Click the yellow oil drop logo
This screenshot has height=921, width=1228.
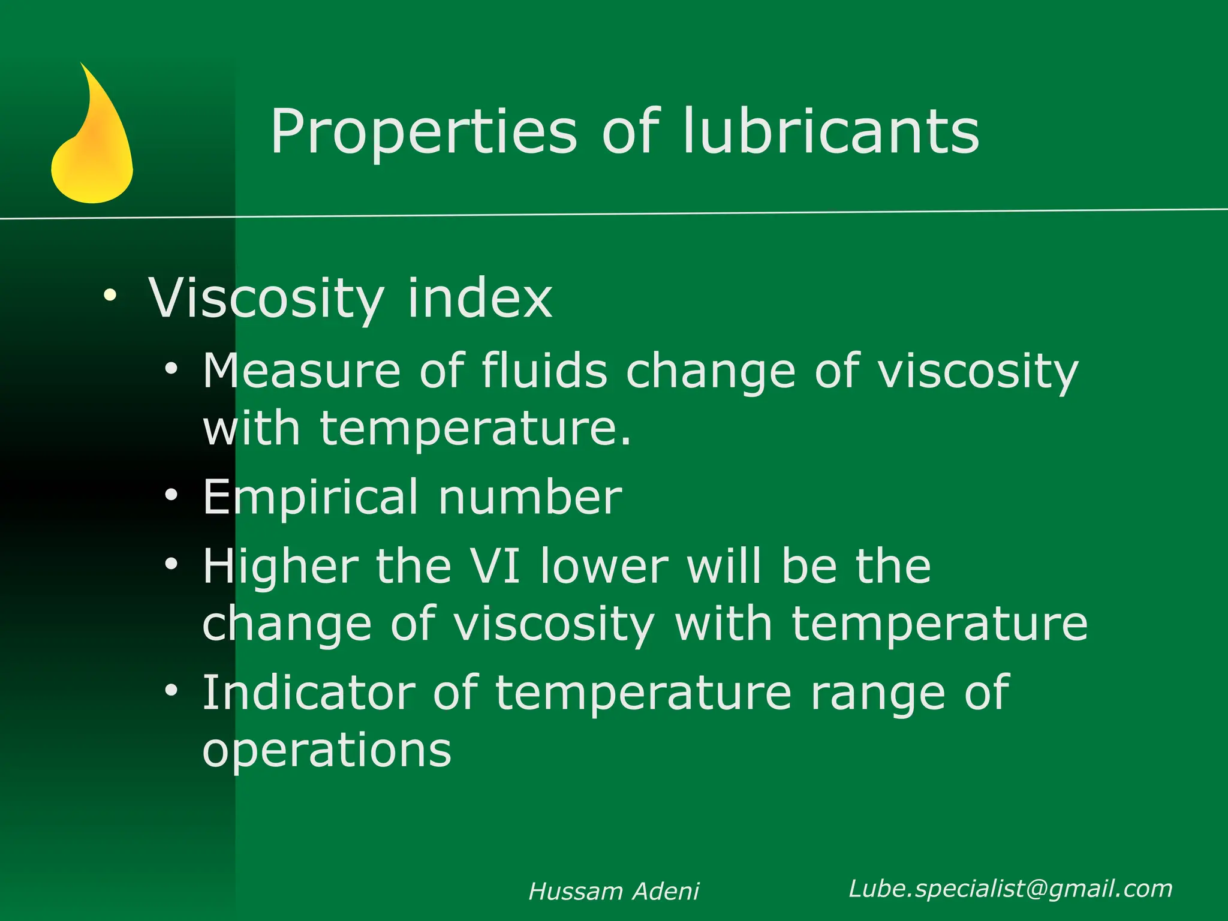tap(92, 144)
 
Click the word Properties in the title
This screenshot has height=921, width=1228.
tap(423, 132)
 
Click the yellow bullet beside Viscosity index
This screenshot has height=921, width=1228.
tap(110, 294)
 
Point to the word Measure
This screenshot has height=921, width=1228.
tap(302, 371)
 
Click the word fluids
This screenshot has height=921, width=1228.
tap(544, 371)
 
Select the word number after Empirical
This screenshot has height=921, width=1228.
tap(530, 498)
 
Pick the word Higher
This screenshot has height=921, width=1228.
tap(281, 566)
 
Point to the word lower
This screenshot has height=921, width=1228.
tap(604, 566)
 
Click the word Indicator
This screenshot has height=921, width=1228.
tap(309, 693)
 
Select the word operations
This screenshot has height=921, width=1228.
tap(327, 750)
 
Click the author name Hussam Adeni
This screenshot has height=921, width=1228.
tap(613, 892)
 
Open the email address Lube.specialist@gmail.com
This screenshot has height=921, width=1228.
tap(1010, 889)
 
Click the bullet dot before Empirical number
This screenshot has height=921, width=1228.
tap(171, 495)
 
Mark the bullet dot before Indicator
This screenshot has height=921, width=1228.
tap(171, 690)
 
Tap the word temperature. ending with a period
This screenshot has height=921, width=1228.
tap(475, 429)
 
